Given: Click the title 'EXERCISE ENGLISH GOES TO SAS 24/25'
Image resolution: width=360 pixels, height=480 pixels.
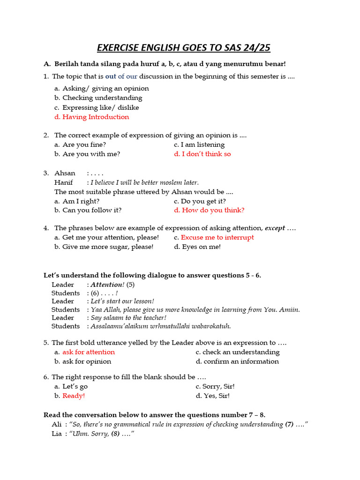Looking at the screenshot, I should point(183,48).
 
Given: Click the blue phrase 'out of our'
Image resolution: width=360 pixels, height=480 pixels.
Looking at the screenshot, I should point(121,76).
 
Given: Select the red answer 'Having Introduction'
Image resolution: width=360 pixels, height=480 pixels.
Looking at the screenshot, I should point(96,117).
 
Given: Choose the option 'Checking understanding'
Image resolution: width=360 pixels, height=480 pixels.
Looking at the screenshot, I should point(102,98).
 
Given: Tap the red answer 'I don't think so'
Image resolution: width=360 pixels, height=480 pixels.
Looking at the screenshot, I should point(206,154).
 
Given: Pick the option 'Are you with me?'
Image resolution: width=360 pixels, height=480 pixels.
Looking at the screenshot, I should point(91,154).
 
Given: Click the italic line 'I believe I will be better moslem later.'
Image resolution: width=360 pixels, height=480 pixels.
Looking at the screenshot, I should point(144,182).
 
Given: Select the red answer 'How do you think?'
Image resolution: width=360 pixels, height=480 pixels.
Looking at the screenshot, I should point(213,210).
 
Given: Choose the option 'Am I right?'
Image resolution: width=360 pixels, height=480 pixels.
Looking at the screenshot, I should point(81,201).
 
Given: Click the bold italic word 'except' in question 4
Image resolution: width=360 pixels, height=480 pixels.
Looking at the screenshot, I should point(275,228).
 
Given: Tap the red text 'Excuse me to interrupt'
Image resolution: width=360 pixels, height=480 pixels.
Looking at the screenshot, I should point(217,237).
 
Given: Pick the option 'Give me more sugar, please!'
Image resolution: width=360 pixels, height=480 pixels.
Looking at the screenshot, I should point(108,247).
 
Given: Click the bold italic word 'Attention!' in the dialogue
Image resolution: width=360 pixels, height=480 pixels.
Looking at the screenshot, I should point(107,285).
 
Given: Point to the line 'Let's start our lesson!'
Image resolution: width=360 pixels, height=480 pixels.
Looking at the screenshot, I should point(122,301).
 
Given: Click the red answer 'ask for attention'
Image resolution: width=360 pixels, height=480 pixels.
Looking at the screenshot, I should point(89,352).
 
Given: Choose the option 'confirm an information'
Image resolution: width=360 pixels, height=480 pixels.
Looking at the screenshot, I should point(241,361).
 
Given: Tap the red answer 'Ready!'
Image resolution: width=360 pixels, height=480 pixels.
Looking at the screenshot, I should point(74,396).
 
